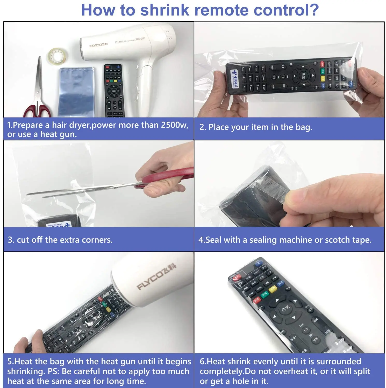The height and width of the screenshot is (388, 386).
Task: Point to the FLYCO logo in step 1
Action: [98, 46]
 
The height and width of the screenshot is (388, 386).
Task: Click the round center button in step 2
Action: [303, 76]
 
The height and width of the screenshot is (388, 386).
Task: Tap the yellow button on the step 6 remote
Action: [273, 289]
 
